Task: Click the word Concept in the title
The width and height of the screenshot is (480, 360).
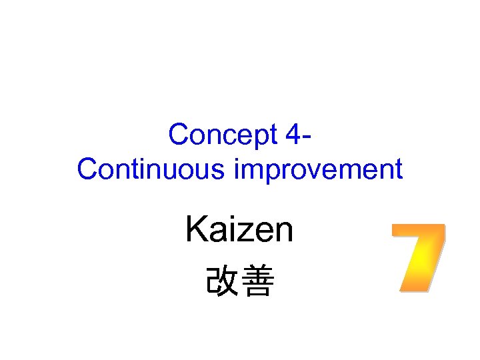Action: click(223, 135)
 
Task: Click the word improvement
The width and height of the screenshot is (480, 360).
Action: click(319, 170)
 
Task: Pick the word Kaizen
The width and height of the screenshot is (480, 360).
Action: click(239, 231)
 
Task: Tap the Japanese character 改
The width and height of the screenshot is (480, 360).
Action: click(221, 283)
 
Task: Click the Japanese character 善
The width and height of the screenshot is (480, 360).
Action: click(257, 283)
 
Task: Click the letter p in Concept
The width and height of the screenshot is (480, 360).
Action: click(258, 138)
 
